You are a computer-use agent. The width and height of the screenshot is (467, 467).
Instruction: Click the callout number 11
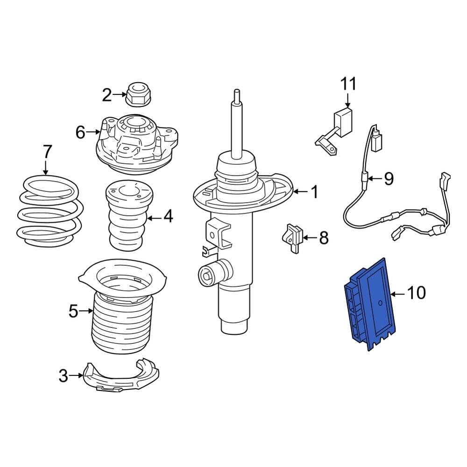pos(348,84)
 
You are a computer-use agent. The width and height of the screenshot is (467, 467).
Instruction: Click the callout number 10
pos(416,293)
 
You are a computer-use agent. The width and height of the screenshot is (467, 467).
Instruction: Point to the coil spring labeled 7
pos(49,210)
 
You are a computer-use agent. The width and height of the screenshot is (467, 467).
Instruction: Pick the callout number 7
pos(47,152)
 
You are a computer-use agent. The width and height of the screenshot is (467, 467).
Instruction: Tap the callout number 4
pos(168,216)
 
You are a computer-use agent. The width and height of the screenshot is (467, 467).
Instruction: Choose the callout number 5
pos(73,311)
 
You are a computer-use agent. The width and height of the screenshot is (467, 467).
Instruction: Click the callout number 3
pos(64,375)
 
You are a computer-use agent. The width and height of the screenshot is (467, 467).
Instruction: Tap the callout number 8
pos(323,238)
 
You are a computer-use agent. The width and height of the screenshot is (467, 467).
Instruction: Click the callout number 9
pos(389,178)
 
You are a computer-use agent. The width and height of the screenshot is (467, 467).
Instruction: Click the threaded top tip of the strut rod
pos(237,93)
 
